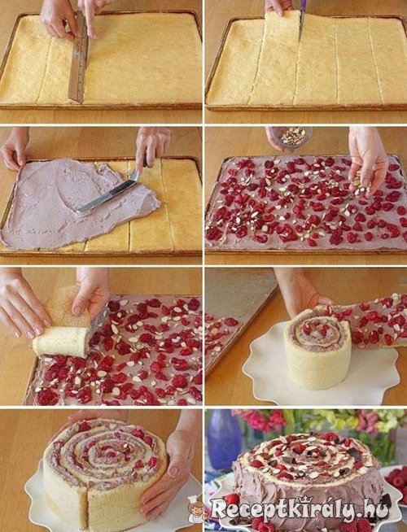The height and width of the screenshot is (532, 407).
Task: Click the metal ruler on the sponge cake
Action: [x=79, y=56]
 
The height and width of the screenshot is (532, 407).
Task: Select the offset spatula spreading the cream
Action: [x=109, y=194]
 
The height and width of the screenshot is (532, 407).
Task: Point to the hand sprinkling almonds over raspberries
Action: [x=367, y=159]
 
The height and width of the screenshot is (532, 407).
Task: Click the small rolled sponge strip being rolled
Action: [x=61, y=342]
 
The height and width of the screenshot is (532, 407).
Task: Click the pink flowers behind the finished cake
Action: [x=261, y=420]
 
